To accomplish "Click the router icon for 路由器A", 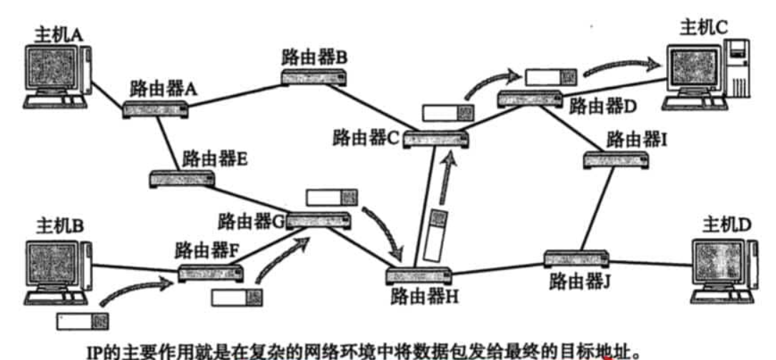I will click(156, 109).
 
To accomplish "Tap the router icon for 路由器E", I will click(181, 179).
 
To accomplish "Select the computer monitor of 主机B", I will click(54, 265).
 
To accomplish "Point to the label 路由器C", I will click(364, 137).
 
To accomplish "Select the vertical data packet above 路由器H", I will click(434, 235).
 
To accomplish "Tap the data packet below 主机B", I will click(82, 321).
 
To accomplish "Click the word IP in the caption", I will click(95, 352).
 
